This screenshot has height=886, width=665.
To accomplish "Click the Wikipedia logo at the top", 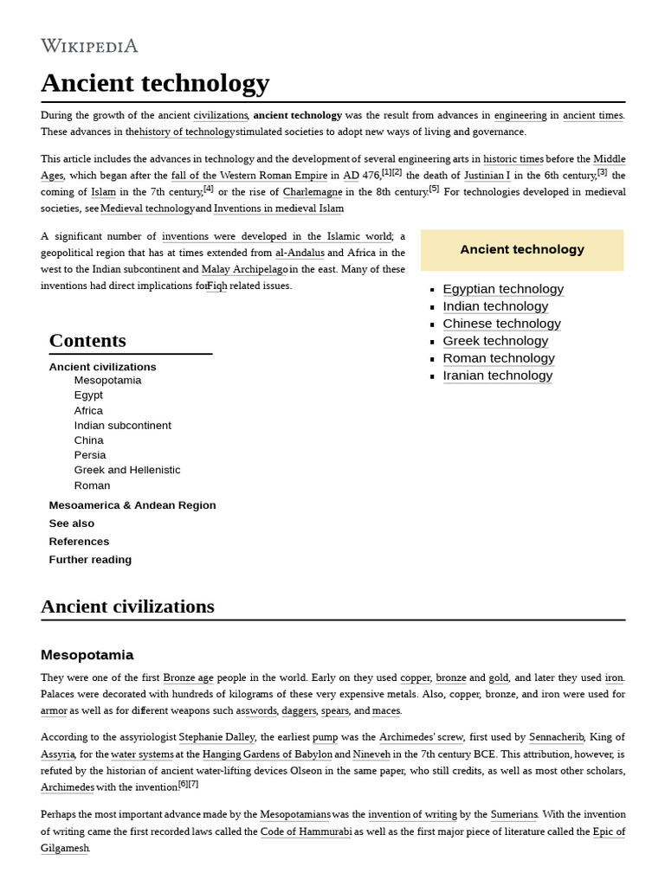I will pyautogui.click(x=89, y=46).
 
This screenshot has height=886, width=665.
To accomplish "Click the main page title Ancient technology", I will pyautogui.click(x=155, y=83).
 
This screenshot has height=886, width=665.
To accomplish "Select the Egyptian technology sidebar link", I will pyautogui.click(x=502, y=289).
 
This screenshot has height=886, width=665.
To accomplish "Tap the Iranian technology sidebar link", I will pyautogui.click(x=497, y=376).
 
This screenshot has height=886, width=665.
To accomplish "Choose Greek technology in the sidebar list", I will pyautogui.click(x=495, y=341).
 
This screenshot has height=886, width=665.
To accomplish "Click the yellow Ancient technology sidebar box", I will pyautogui.click(x=521, y=249).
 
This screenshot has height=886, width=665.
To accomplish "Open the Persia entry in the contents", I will pyautogui.click(x=90, y=455).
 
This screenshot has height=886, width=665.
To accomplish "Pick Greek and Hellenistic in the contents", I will pyautogui.click(x=127, y=470).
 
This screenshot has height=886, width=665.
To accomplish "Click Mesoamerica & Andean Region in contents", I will pyautogui.click(x=132, y=505).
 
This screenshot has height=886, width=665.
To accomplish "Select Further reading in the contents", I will pyautogui.click(x=90, y=560).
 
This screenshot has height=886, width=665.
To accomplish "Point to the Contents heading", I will pyautogui.click(x=87, y=340).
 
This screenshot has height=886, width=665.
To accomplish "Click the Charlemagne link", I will pyautogui.click(x=313, y=192).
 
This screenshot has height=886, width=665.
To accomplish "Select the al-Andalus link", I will pyautogui.click(x=300, y=253).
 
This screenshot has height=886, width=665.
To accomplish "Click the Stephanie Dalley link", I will pyautogui.click(x=216, y=737).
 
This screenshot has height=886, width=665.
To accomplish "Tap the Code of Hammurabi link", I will pyautogui.click(x=306, y=831).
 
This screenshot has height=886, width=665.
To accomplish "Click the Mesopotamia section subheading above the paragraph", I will pyautogui.click(x=87, y=655).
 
